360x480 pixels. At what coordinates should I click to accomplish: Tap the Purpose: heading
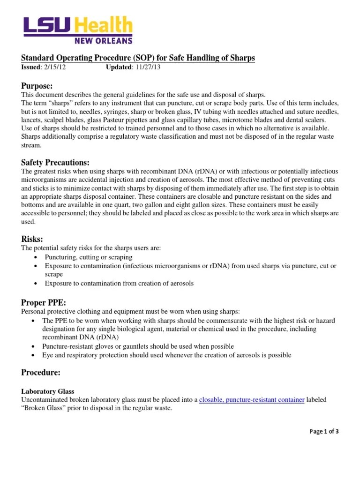click(37, 85)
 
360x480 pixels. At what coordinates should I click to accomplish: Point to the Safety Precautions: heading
click(55, 162)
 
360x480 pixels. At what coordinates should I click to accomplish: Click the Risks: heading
click(32, 239)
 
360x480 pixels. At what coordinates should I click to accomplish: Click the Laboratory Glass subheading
click(48, 391)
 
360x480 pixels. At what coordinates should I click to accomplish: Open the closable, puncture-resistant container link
click(252, 399)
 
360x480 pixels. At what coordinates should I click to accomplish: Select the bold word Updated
click(119, 67)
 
